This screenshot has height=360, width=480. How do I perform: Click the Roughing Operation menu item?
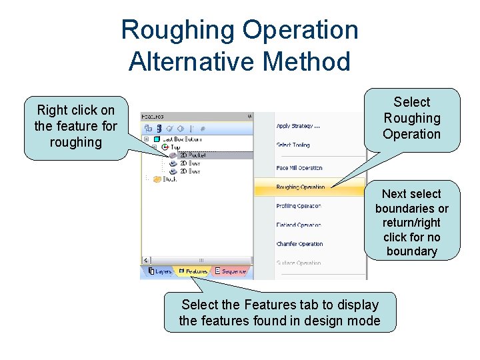tap(301, 187)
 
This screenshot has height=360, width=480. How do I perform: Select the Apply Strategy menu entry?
tap(298, 126)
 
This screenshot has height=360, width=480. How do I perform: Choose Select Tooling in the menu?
tap(293, 145)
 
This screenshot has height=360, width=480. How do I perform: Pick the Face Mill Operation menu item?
tap(299, 168)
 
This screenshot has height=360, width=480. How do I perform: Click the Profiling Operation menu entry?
tap(299, 206)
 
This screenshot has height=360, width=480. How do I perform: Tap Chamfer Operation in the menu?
tap(299, 244)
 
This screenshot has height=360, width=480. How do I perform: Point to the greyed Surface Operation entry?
tap(299, 263)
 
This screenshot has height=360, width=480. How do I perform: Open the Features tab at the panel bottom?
tap(193, 271)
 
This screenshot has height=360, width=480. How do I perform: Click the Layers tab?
tap(160, 271)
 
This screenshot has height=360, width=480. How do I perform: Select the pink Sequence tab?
tap(230, 271)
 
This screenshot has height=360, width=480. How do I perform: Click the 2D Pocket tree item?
tap(193, 155)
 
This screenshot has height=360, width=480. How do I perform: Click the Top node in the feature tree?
tap(175, 147)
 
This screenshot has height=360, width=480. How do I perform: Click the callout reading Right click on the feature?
tap(75, 126)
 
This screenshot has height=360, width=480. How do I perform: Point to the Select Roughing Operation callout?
tap(411, 118)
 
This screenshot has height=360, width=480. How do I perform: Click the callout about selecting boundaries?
tap(411, 222)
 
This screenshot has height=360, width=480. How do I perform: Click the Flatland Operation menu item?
tap(299, 225)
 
